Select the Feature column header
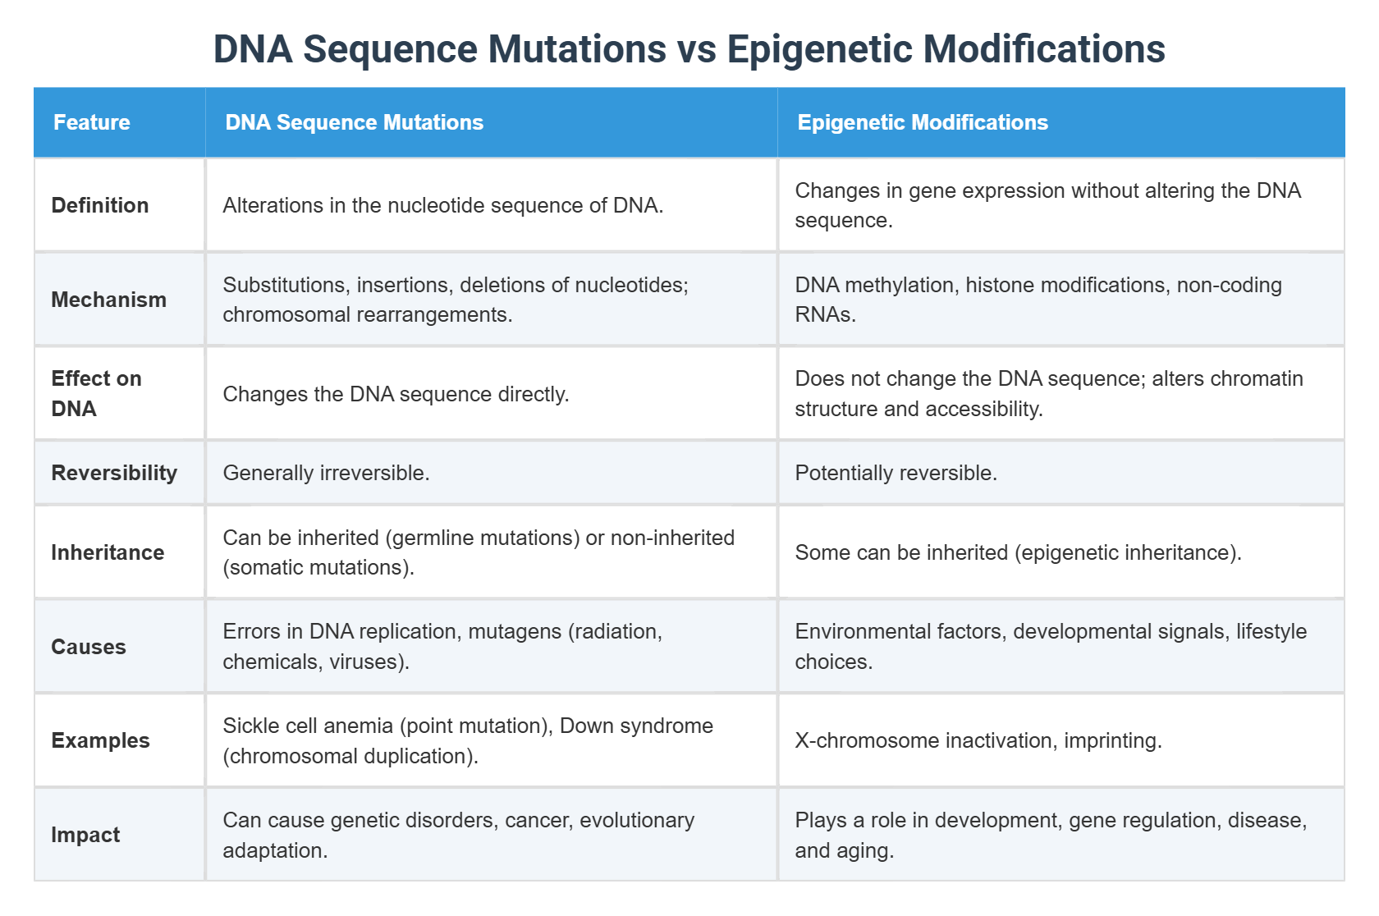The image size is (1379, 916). (92, 122)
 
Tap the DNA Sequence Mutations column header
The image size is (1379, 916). (354, 122)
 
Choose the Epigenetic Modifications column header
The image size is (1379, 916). (922, 122)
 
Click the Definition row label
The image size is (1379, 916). (100, 205)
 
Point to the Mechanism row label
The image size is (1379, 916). (108, 300)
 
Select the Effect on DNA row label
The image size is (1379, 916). (96, 393)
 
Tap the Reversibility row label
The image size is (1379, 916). (114, 473)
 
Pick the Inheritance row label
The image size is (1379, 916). (108, 552)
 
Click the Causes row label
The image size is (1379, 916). (89, 647)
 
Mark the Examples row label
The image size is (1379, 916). (100, 740)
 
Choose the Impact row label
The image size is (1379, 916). (85, 835)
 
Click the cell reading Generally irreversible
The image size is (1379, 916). (326, 473)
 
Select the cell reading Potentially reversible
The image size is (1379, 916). (896, 473)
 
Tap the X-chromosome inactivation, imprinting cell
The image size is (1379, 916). (978, 740)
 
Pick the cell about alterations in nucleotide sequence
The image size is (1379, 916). (442, 205)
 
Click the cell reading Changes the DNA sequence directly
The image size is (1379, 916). (396, 394)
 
